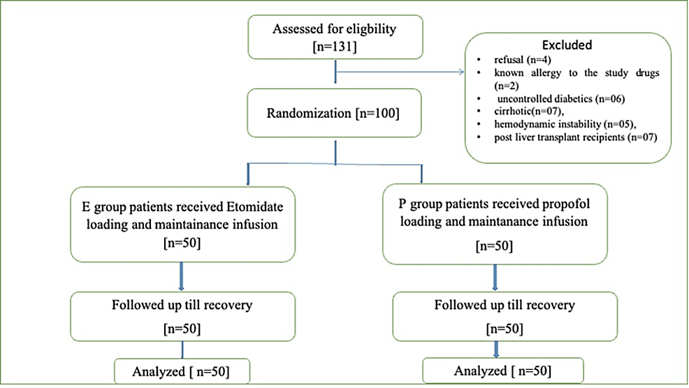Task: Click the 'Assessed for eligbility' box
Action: click(337, 36)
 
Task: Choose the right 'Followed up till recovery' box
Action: click(505, 315)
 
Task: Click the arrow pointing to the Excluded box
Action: click(461, 70)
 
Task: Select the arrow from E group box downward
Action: click(181, 276)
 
